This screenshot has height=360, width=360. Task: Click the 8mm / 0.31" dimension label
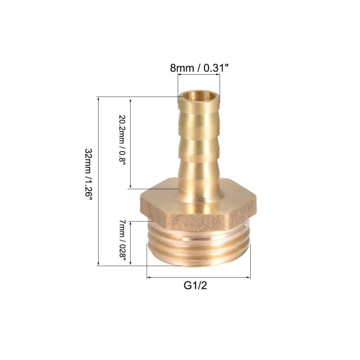[199, 68]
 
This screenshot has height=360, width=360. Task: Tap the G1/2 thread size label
[195, 286]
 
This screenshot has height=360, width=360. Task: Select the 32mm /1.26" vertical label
[89, 175]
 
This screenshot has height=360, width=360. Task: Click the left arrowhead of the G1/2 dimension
[148, 277]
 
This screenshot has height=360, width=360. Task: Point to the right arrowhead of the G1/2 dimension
[249, 277]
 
